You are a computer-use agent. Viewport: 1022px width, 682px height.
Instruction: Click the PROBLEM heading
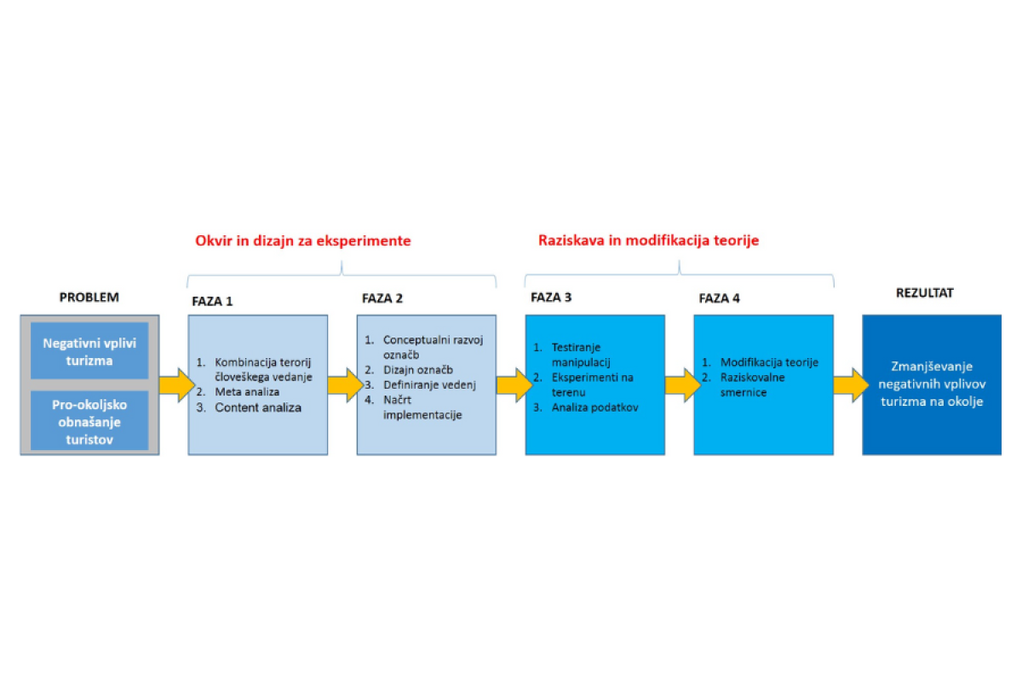89,298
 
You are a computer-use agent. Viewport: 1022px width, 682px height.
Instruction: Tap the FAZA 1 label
212,302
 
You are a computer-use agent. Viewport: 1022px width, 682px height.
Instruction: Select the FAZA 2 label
382,298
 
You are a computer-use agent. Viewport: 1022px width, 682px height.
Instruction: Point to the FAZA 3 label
551,298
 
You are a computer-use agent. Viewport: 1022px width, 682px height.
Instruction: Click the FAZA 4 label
719,298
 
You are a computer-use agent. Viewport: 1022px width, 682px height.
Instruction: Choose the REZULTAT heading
924,292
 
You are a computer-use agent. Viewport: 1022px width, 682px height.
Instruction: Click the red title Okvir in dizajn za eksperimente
303,240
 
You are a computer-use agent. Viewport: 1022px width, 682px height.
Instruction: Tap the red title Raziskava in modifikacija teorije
648,240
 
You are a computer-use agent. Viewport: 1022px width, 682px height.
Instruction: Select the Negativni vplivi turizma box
89,351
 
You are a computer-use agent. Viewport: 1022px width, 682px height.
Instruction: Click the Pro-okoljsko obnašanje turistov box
89,420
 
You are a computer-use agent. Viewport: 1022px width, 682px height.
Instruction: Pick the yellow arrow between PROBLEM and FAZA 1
177,385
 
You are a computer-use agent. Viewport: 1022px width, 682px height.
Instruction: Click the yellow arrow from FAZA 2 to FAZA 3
514,385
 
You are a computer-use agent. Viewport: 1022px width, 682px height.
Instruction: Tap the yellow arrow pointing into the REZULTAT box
851,385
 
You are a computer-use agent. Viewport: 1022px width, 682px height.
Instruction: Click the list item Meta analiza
247,392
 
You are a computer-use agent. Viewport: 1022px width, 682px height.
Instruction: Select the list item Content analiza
258,407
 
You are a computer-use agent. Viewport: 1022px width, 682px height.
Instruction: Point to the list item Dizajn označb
418,369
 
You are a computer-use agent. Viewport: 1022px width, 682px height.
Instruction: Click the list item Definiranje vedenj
429,385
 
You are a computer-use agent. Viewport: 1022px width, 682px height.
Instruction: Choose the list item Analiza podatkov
595,407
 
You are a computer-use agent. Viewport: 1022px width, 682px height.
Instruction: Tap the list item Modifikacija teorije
769,362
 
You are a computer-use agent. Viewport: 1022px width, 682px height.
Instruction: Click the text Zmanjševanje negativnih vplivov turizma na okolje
932,384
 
